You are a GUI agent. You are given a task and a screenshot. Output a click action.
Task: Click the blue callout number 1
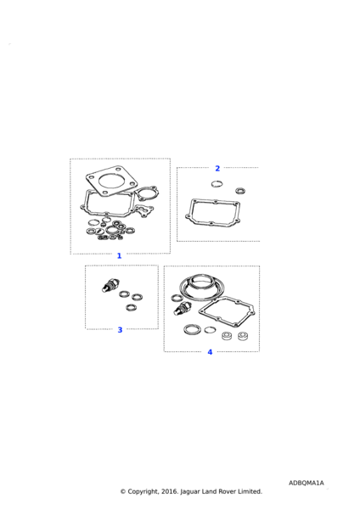(x=119, y=256)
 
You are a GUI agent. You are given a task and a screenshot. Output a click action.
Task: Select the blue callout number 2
(x=217, y=168)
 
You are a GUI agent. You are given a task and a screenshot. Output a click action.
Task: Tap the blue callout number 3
(x=120, y=330)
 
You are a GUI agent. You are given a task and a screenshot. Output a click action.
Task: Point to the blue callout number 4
(x=210, y=352)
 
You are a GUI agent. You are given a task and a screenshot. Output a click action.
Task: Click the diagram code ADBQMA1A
(x=306, y=483)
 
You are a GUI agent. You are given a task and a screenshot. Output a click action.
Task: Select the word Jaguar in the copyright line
(x=190, y=492)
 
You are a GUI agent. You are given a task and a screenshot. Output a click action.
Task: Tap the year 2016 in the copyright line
(x=169, y=491)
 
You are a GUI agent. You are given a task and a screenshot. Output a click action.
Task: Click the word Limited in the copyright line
(x=250, y=491)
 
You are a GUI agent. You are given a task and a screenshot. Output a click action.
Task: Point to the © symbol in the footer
(x=123, y=491)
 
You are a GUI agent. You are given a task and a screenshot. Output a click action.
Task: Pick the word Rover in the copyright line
(x=227, y=491)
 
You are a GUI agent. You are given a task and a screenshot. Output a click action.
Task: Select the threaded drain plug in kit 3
(x=110, y=285)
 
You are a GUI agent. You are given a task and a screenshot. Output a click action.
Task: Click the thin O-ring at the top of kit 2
(x=217, y=184)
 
